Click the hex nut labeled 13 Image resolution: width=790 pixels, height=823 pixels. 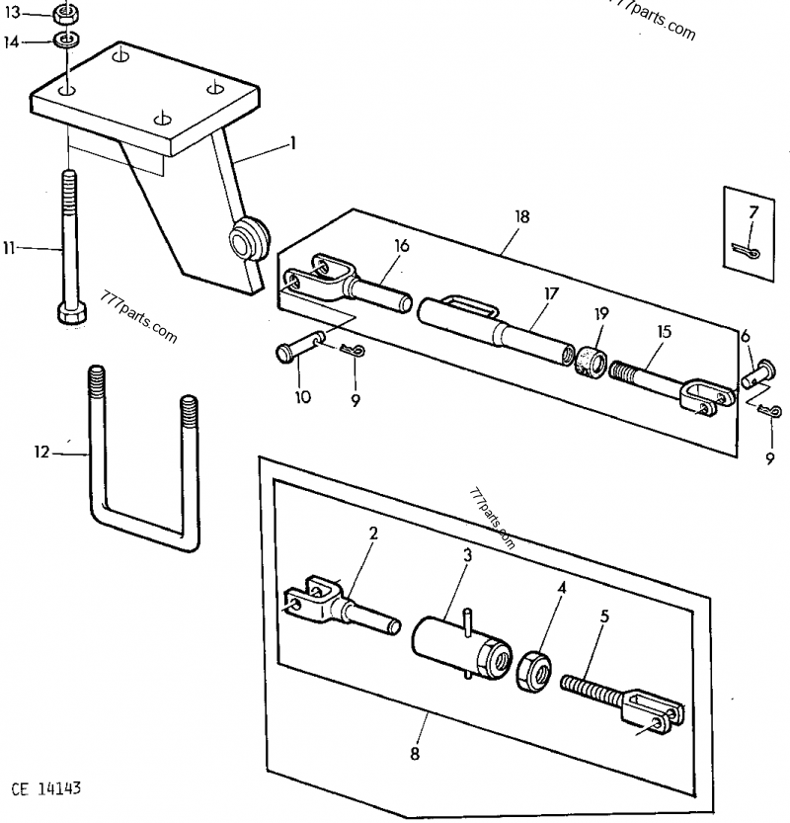(66, 15)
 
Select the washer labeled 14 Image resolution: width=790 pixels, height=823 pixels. (66, 41)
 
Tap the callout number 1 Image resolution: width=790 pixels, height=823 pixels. (291, 143)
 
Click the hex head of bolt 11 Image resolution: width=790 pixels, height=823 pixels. (70, 313)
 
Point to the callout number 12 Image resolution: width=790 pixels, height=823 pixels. (39, 453)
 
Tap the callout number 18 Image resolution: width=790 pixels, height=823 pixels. (522, 216)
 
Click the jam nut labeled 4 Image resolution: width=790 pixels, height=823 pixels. (535, 668)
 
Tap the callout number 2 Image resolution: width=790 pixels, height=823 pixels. (373, 534)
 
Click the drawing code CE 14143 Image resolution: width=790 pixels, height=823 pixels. (45, 789)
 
